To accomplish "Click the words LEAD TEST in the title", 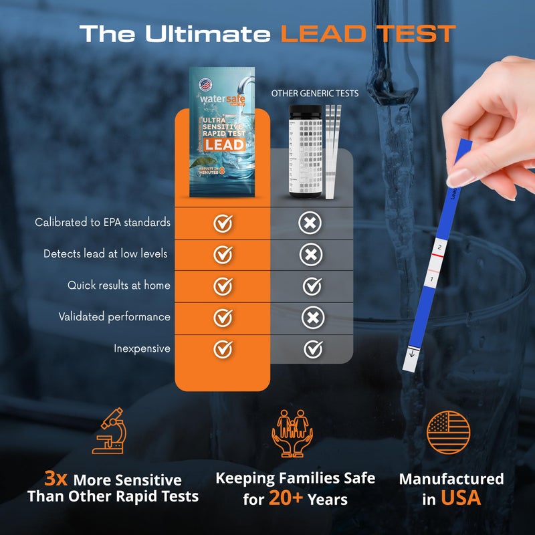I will pos(367,33).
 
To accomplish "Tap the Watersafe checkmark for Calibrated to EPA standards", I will pos(223,223).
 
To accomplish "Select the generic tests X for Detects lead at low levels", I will pos(311,254).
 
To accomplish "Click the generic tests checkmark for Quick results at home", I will pos(312,286).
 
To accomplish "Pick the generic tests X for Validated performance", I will pos(311,318).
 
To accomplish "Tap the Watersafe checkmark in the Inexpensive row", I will pos(223,348).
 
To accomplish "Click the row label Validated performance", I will pos(114,317).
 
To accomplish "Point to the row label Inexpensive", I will pos(142,348).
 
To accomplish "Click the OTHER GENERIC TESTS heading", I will pos(314,94).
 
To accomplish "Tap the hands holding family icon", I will pos(295,433).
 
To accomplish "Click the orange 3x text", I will pos(57,479).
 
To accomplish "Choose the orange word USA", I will pos(460,498).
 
